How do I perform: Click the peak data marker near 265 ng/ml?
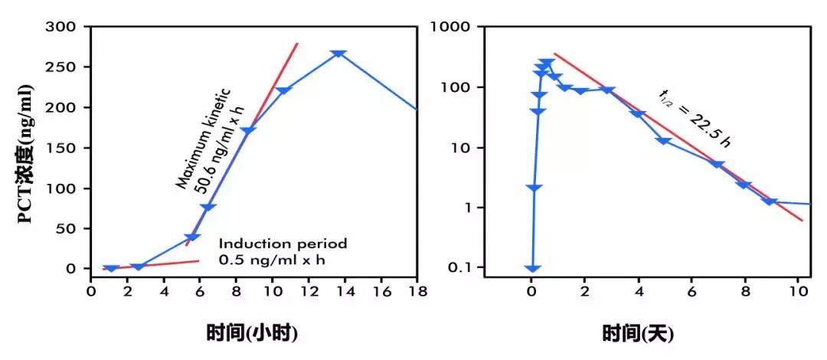coord(338,54)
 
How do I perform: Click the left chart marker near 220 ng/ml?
coord(283,90)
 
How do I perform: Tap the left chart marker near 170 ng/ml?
coord(247,131)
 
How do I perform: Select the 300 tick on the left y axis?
coord(67,27)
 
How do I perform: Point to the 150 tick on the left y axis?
coord(67,148)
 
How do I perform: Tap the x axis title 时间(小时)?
coord(251,333)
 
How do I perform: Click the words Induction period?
coord(283,244)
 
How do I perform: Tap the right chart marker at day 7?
coord(717,164)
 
